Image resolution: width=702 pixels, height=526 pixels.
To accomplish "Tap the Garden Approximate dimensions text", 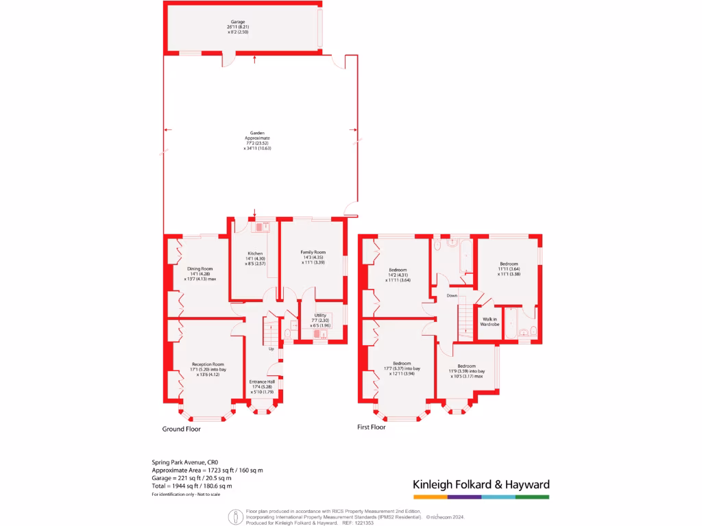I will point(257,140).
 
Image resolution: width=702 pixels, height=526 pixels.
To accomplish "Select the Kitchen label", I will point(255,254).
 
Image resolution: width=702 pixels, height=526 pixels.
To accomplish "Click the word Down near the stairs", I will point(452,296).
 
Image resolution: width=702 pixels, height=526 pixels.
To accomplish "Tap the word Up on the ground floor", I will point(271,349).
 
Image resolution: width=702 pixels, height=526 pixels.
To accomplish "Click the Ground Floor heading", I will point(182,429).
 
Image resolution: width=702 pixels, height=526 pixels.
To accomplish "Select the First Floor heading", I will point(372,427).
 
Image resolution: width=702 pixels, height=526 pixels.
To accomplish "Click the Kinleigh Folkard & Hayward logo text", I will point(481,485).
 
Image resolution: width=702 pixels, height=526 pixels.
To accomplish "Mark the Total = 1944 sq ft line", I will point(191,486).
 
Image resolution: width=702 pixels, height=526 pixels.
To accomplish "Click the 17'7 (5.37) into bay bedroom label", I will point(402,368).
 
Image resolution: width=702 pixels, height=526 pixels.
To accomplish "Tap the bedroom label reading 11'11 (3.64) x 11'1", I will point(509,268).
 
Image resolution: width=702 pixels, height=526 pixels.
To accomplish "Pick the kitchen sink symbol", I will point(261,226).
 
